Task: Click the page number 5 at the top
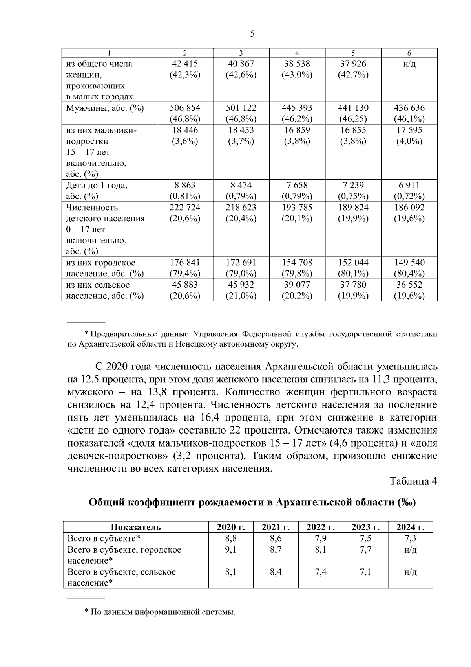click(252, 34)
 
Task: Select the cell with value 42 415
click(185, 64)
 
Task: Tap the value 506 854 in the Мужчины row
click(185, 108)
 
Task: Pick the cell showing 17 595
click(409, 130)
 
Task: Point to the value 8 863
click(185, 185)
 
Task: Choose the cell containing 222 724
click(185, 207)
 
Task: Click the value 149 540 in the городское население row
click(409, 262)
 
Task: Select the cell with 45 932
click(241, 285)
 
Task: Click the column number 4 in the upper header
click(297, 53)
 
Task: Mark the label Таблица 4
click(413, 481)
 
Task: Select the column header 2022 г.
click(320, 527)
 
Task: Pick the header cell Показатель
click(136, 527)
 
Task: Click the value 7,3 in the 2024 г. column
click(410, 538)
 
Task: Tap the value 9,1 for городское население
click(230, 550)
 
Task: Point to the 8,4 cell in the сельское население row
click(276, 572)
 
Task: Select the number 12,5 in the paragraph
click(91, 380)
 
